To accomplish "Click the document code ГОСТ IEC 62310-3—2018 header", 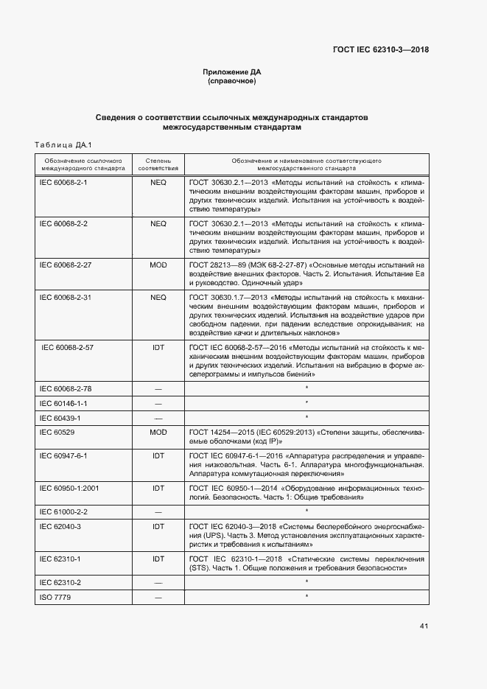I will [x=380, y=50].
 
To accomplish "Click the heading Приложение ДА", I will [x=232, y=72].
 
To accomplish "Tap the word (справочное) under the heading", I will [x=232, y=82].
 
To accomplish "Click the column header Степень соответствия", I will [x=158, y=163].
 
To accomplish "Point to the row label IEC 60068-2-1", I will [x=63, y=182].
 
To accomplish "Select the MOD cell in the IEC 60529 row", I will [x=158, y=433].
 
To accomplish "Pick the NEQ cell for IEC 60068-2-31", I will [x=158, y=298].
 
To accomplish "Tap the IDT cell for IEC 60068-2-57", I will [x=158, y=346].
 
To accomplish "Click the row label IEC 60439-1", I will [x=59, y=418].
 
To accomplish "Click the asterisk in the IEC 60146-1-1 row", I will [x=306, y=403].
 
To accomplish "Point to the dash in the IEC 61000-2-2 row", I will [x=158, y=511].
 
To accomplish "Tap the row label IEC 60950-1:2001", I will [x=68, y=488].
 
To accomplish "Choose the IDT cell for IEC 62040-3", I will [x=158, y=526].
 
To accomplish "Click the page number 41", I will [x=424, y=626].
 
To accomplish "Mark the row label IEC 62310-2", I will [x=60, y=581].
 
